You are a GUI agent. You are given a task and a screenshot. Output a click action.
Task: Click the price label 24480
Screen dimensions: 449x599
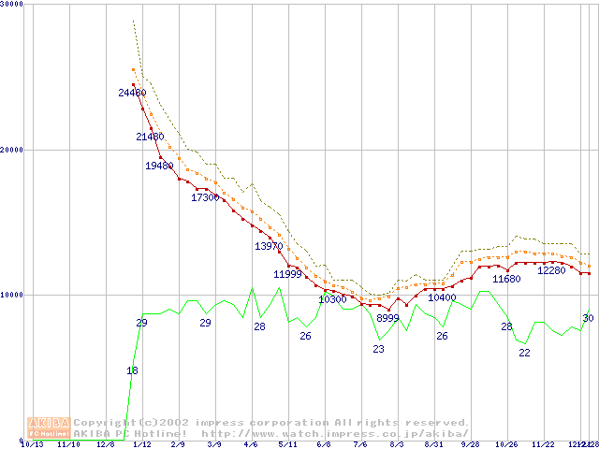point(132,93)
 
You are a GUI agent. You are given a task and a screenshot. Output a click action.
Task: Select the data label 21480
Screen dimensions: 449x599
point(150,137)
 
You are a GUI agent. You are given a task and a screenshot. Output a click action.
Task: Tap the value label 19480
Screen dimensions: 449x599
point(159,166)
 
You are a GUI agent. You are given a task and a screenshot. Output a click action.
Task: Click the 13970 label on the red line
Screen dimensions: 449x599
point(269,246)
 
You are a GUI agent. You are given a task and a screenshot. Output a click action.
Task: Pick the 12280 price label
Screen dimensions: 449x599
point(551,270)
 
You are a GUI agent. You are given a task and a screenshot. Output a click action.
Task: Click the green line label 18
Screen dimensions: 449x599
point(132,371)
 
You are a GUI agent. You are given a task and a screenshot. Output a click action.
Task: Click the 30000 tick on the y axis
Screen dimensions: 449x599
point(12,5)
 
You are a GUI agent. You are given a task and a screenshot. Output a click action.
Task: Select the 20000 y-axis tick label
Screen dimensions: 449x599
point(12,150)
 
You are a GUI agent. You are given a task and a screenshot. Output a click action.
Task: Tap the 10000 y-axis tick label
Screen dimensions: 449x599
point(12,295)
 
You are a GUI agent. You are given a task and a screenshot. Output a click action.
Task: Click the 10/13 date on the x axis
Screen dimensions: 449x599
point(32,444)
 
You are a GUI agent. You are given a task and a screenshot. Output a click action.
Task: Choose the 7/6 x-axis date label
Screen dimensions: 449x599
point(360,444)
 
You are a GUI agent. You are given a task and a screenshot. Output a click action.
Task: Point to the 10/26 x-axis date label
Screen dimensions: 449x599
point(506,444)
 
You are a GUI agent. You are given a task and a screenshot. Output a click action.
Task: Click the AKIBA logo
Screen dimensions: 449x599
point(49,427)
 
